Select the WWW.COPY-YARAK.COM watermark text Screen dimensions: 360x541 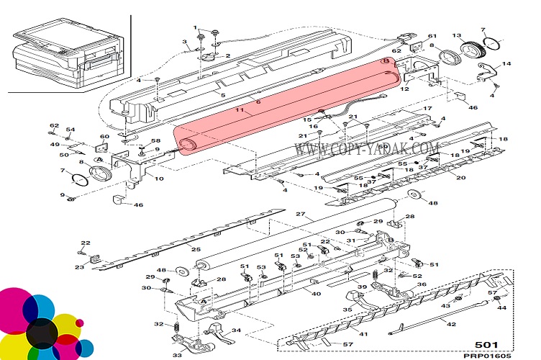(x=367, y=148)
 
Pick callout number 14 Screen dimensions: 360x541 (x=507, y=65)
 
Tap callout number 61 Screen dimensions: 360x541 (x=432, y=36)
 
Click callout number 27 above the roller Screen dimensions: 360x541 (x=301, y=215)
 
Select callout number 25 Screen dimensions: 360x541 (x=196, y=248)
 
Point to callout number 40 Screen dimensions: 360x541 (x=315, y=292)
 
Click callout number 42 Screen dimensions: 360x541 (x=452, y=324)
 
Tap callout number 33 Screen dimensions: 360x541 (x=177, y=354)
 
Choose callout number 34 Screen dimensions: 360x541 (x=236, y=331)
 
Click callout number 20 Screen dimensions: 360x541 (x=461, y=177)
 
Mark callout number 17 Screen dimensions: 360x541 (x=427, y=109)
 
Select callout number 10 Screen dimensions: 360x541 (x=159, y=179)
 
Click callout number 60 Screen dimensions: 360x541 (x=104, y=137)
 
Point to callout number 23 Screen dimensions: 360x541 (x=79, y=267)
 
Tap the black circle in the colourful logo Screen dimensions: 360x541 (x=41, y=331)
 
